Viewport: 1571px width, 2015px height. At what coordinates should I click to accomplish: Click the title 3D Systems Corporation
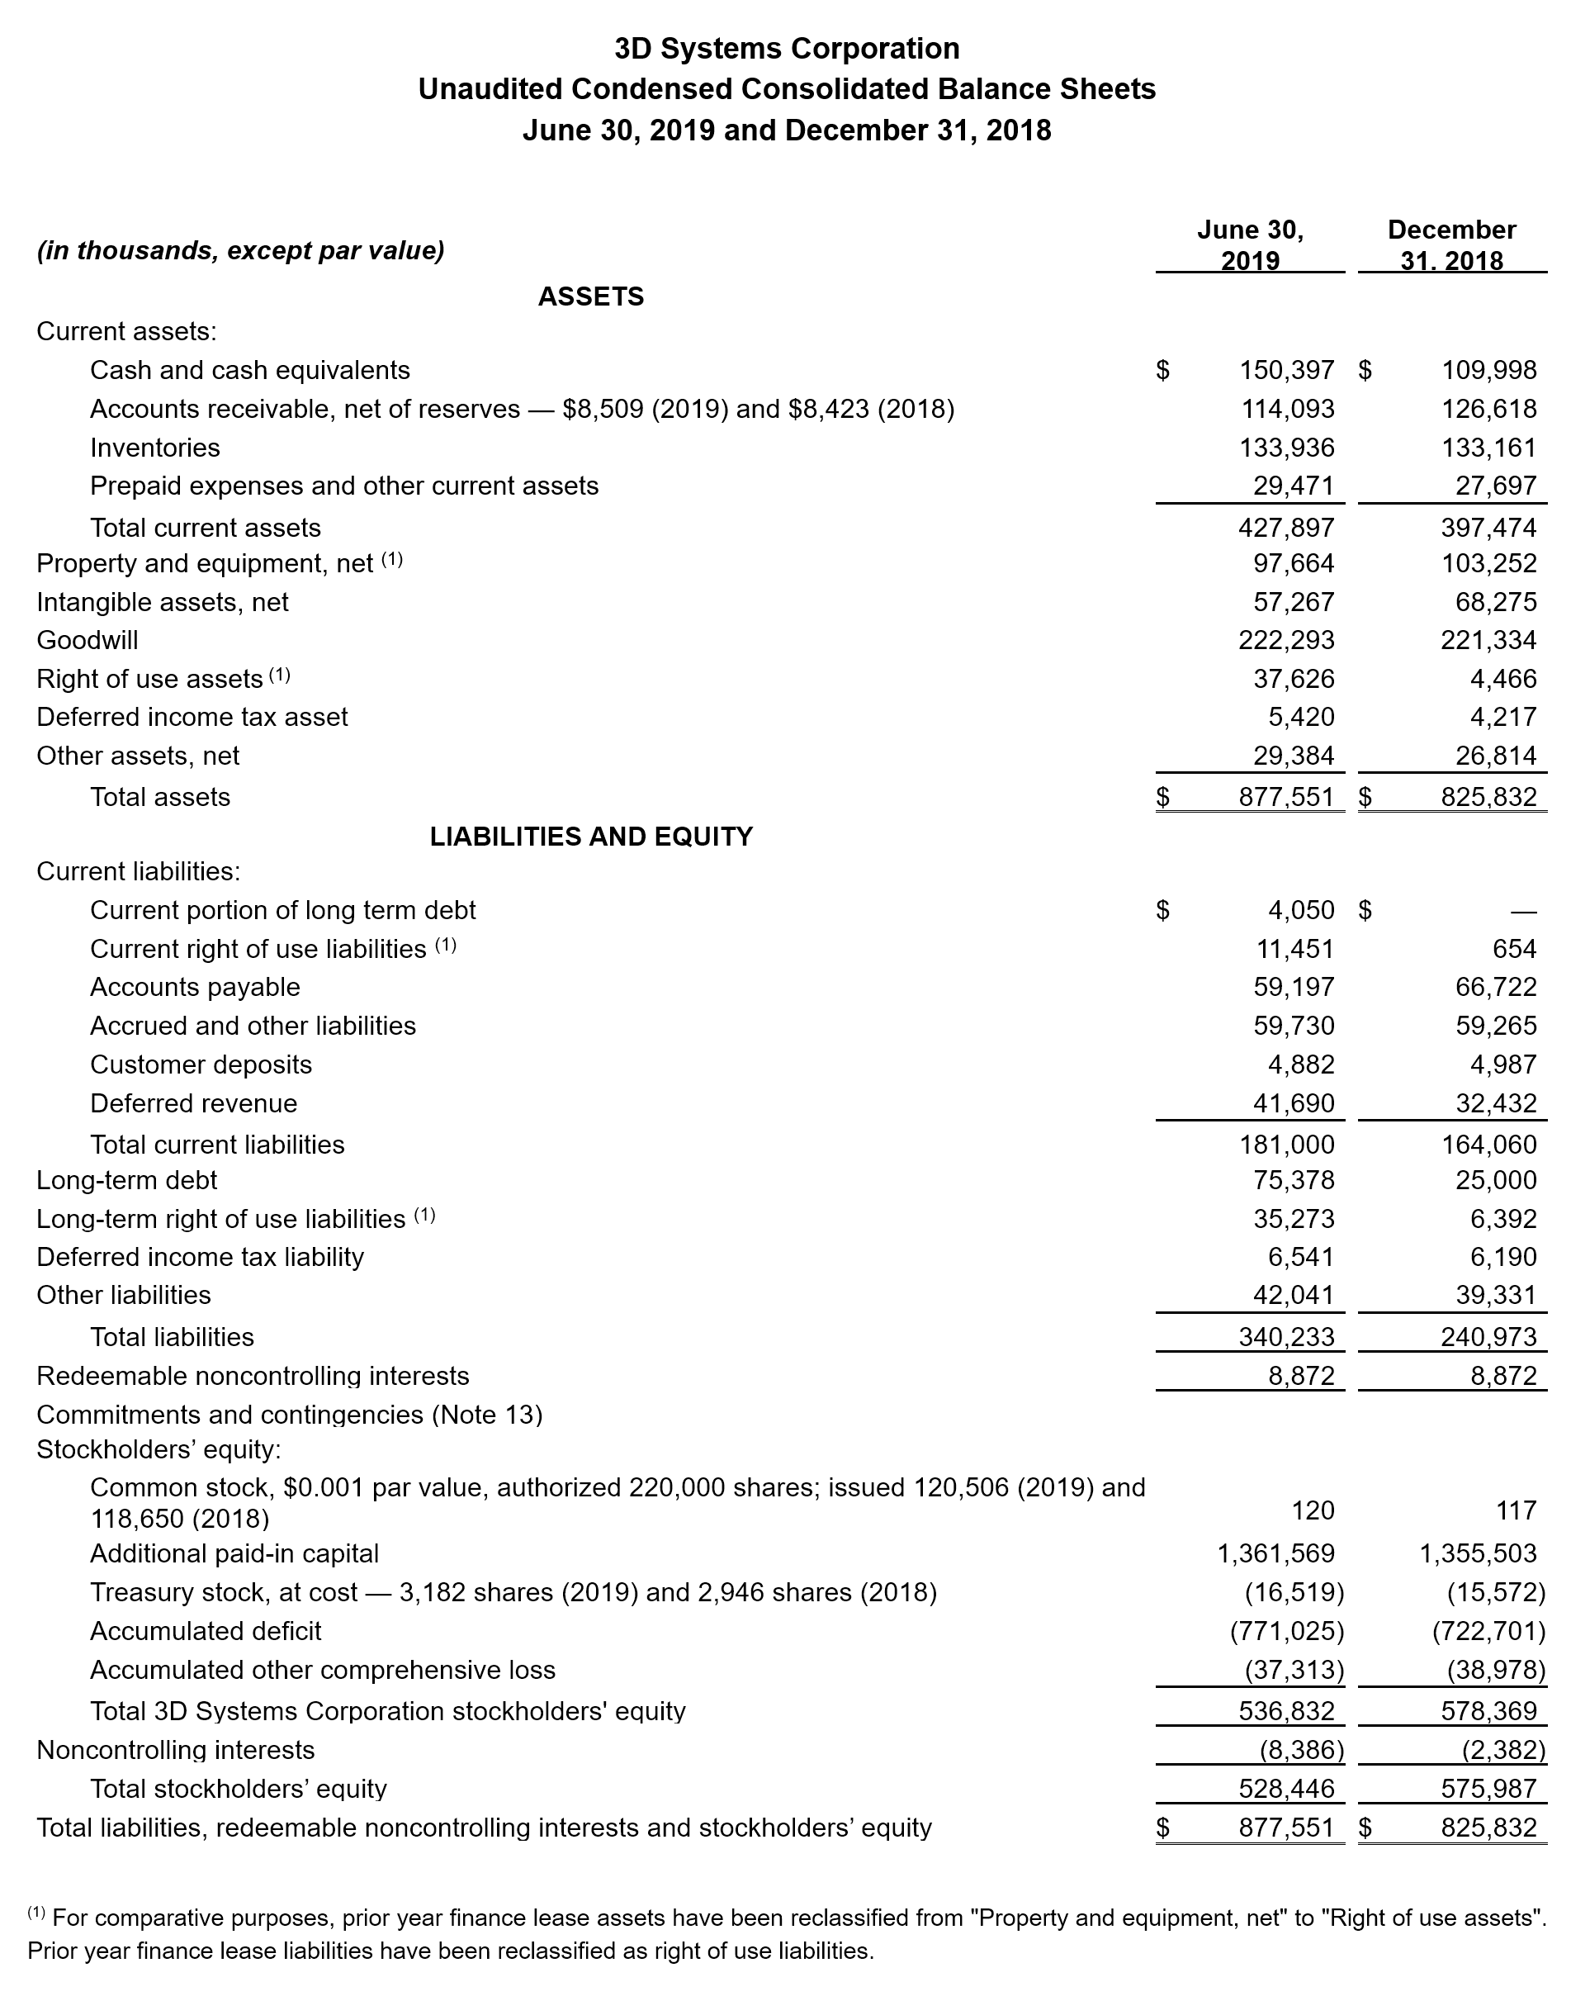pyautogui.click(x=786, y=48)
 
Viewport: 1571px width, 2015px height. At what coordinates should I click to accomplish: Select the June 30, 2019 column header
pyautogui.click(x=1250, y=244)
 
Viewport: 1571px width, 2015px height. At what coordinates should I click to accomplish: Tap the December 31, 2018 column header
pyautogui.click(x=1451, y=244)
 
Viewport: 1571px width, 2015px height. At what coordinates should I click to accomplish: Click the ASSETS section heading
pyautogui.click(x=590, y=296)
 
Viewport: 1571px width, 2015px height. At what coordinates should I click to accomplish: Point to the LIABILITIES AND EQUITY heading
pyautogui.click(x=591, y=836)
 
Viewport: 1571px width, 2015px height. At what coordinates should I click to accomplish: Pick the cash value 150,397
pyautogui.click(x=1286, y=370)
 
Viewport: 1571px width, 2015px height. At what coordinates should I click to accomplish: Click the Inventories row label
pyautogui.click(x=155, y=448)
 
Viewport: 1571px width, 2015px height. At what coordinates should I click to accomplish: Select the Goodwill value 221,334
pyautogui.click(x=1489, y=639)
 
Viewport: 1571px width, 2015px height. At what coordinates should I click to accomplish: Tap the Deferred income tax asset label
pyautogui.click(x=192, y=717)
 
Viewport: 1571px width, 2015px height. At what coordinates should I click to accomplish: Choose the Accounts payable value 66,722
pyautogui.click(x=1489, y=987)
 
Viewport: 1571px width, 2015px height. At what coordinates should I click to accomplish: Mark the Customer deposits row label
pyautogui.click(x=201, y=1064)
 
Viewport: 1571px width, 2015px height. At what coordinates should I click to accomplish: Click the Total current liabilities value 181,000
pyautogui.click(x=1286, y=1144)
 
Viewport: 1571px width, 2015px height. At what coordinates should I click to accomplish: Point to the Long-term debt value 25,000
pyautogui.click(x=1489, y=1180)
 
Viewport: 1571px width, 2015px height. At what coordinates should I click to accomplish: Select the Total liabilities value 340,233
pyautogui.click(x=1286, y=1337)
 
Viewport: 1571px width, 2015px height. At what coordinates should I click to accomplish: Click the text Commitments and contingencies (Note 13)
pyautogui.click(x=289, y=1415)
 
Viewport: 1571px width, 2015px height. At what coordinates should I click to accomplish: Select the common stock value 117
pyautogui.click(x=1517, y=1510)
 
